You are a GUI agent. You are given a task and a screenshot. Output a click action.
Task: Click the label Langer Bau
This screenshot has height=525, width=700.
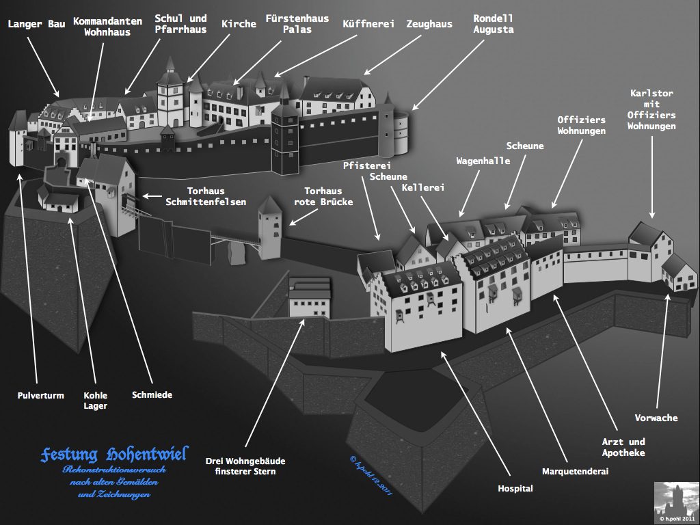37,25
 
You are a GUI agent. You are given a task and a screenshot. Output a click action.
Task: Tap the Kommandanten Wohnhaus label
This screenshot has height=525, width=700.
107,27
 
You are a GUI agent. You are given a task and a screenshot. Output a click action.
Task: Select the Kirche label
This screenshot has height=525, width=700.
239,24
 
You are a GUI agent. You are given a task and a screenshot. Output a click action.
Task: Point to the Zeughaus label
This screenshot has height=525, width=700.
429,24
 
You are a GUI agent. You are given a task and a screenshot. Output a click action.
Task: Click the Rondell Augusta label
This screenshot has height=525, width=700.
493,24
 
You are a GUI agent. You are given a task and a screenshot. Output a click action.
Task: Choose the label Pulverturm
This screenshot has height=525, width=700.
41,395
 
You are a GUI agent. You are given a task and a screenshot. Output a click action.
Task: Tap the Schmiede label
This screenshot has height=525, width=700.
152,395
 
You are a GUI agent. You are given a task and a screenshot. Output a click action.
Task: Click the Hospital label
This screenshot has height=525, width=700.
515,488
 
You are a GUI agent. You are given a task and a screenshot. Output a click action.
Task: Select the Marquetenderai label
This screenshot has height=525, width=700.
575,471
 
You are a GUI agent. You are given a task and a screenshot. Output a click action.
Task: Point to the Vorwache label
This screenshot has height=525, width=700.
656,418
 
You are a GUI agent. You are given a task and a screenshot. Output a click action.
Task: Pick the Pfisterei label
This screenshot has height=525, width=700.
366,165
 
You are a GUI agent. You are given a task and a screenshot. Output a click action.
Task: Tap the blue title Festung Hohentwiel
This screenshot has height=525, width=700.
113,455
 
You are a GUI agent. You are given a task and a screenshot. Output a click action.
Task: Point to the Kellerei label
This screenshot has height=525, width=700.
423,187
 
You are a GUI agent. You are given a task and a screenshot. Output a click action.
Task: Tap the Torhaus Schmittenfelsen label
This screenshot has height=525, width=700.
206,196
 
